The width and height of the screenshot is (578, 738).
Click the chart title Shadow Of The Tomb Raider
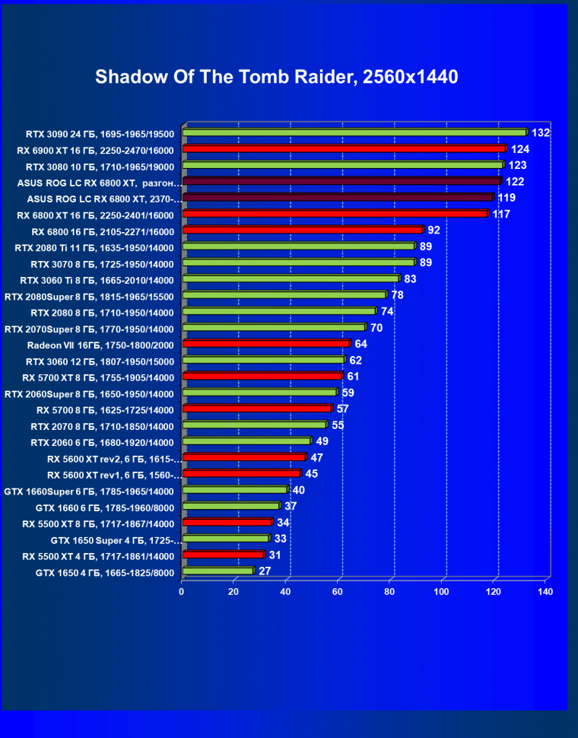tap(277, 77)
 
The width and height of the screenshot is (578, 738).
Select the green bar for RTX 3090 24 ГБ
tap(354, 132)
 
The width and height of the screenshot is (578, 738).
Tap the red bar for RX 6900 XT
tap(344, 148)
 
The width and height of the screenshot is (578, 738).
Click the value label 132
tap(541, 132)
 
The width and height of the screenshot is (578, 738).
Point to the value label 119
tap(507, 198)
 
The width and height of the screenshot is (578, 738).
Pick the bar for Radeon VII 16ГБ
tap(266, 343)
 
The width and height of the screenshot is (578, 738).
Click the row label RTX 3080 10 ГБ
tap(100, 166)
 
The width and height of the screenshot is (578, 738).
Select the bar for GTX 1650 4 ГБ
tap(218, 571)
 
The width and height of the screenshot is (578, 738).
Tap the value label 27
tap(265, 571)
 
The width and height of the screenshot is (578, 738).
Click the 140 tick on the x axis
tap(545, 591)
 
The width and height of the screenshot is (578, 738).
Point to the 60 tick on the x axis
tap(337, 591)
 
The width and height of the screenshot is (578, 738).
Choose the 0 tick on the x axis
tap(182, 591)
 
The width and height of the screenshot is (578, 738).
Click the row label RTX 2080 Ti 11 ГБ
tap(94, 247)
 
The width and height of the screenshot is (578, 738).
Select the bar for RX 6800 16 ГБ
tap(302, 230)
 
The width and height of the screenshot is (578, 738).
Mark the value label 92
tap(434, 230)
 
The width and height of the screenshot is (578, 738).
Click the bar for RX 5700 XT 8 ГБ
tap(262, 376)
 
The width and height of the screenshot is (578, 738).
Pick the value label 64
tap(361, 344)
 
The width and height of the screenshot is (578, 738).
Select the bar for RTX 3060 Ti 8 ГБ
tap(291, 278)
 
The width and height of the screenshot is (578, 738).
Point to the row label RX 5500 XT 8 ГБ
tap(98, 523)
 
